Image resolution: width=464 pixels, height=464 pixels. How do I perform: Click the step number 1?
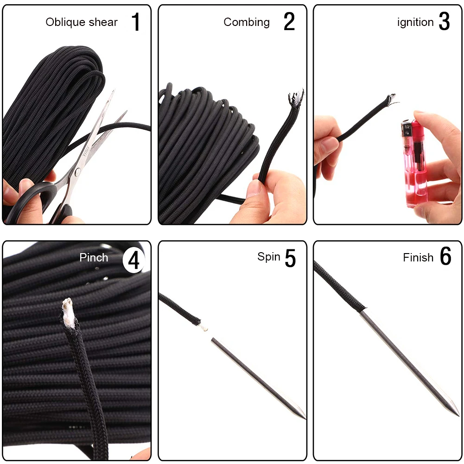pos(135,22)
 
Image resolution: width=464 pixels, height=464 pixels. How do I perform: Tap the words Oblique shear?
pos(82,22)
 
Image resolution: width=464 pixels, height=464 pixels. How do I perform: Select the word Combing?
pos(247,22)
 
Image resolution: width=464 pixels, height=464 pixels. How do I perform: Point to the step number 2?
pos(289,22)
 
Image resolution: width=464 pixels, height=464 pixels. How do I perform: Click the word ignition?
pos(415,22)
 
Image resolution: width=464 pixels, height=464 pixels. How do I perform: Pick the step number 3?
pos(444,22)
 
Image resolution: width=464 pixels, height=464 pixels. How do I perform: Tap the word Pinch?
pos(94,257)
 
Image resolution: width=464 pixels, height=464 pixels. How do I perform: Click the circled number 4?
pos(134,261)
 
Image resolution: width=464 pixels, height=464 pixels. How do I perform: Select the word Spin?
pos(269,257)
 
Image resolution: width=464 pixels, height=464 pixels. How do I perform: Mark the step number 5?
pos(290,258)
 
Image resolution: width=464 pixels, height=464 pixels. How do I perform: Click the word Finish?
pos(418,257)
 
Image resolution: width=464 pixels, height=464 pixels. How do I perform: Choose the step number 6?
pos(445,256)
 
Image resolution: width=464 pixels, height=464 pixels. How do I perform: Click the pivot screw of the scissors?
pos(77,172)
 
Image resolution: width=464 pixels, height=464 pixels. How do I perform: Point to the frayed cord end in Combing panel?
pos(296,99)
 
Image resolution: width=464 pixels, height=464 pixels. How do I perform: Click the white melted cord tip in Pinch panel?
pos(68,311)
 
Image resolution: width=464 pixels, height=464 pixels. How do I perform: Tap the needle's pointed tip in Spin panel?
pos(305,418)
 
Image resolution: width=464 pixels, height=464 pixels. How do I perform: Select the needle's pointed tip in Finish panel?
pos(458,416)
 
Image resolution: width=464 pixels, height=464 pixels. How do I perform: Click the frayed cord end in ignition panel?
pos(392,100)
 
